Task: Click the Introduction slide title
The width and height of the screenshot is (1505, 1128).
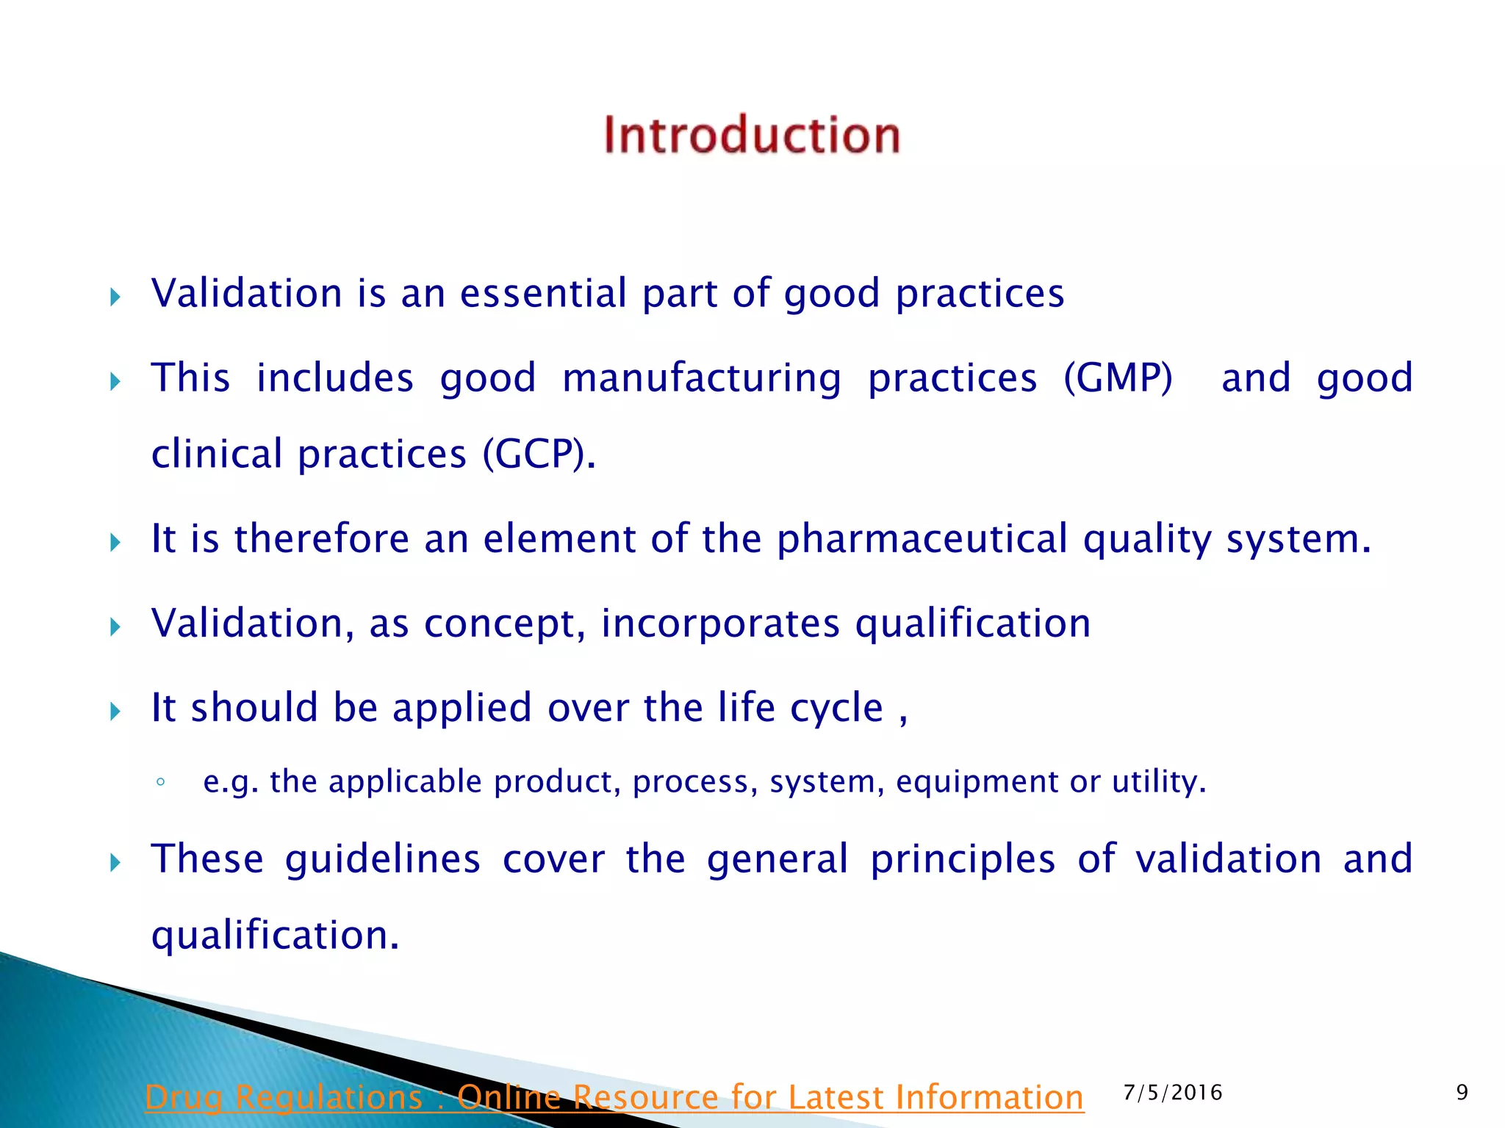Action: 752,135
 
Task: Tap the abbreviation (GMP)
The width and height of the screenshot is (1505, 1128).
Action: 1118,378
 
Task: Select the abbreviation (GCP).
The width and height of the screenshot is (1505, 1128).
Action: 539,454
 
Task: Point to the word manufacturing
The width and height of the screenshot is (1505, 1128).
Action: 702,378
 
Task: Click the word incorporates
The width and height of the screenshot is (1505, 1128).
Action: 720,623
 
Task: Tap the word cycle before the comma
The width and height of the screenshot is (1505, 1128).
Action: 836,708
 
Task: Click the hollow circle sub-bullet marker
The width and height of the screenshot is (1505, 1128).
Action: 160,782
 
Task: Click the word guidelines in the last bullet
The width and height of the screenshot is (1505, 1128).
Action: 383,858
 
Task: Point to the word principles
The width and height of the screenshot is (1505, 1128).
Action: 963,858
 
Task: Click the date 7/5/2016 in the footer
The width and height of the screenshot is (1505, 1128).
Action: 1173,1093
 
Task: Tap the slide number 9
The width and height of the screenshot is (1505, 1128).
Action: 1462,1093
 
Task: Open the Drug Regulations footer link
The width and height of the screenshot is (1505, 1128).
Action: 614,1097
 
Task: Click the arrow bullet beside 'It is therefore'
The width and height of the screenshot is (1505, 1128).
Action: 115,543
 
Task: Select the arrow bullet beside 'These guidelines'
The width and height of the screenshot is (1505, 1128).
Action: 115,863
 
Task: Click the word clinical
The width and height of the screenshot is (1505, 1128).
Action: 217,454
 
